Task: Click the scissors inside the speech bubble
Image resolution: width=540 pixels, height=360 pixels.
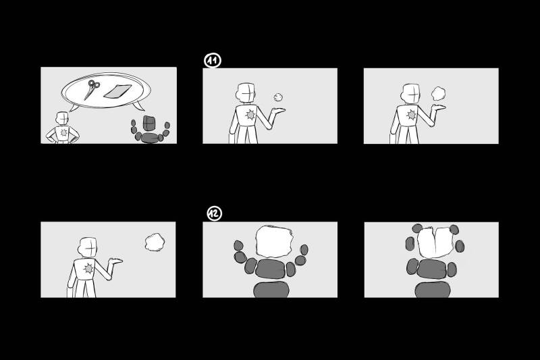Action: (x=92, y=89)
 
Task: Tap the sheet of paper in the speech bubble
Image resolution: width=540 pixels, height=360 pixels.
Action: (x=117, y=91)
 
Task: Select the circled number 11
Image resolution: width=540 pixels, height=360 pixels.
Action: (x=213, y=61)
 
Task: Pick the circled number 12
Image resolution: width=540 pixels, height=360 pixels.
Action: (x=214, y=213)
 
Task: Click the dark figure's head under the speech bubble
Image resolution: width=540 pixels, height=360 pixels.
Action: (x=149, y=123)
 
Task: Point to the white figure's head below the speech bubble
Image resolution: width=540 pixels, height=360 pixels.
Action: (x=63, y=118)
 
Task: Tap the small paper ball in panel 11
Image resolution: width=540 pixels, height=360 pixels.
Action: (x=278, y=97)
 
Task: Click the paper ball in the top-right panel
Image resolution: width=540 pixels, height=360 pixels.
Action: (x=438, y=93)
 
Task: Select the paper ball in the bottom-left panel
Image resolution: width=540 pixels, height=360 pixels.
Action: (x=155, y=242)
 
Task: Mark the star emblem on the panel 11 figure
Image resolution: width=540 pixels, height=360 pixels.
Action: (x=250, y=114)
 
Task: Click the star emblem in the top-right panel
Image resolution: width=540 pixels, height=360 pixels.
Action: (x=411, y=114)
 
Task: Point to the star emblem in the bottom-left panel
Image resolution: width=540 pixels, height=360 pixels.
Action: (x=88, y=268)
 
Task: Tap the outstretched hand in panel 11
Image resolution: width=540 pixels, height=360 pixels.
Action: (x=278, y=111)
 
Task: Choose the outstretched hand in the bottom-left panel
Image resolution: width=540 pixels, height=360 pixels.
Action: (x=115, y=261)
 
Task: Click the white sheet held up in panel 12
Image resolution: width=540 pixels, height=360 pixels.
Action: (x=274, y=242)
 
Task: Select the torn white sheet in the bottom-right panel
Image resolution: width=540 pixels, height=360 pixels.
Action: (x=435, y=242)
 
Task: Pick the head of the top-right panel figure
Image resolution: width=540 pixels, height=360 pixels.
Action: (x=411, y=93)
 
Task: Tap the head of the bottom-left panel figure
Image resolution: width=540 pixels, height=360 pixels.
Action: (x=88, y=247)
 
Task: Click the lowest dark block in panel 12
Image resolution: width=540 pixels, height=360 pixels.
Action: (x=271, y=290)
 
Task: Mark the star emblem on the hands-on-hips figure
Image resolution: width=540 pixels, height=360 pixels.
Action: (x=63, y=132)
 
